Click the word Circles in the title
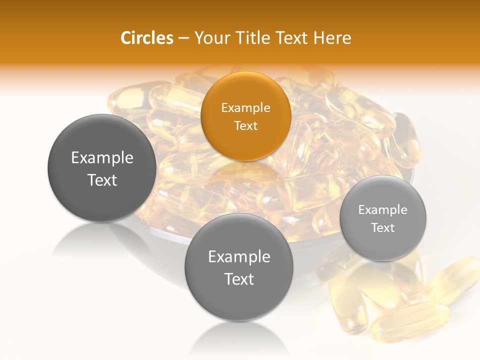point(146,38)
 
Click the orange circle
point(245,116)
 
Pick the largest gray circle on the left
point(102,168)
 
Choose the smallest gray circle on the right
point(383,218)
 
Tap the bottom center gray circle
point(239,267)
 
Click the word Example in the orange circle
point(245,107)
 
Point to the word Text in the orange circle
point(245,125)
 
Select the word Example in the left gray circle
point(102,158)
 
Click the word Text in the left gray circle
point(102,180)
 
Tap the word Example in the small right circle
point(383,210)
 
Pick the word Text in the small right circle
point(383,228)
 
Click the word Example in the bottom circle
point(239,257)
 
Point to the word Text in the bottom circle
point(239,279)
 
